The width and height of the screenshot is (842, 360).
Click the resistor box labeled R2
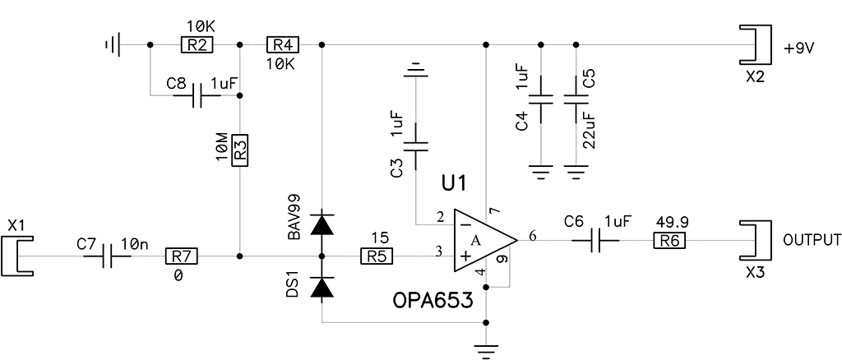(197, 45)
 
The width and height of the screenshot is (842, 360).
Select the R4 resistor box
(283, 45)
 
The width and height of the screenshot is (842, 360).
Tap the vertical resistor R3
(240, 150)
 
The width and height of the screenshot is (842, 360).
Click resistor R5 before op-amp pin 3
(376, 256)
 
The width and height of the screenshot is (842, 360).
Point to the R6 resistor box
(669, 240)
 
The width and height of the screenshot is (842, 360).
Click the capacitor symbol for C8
(197, 96)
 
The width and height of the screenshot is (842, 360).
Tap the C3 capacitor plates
(415, 146)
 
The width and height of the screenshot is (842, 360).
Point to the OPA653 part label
(433, 301)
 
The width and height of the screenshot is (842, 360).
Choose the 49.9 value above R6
(671, 222)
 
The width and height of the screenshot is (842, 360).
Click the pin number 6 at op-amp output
(532, 235)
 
